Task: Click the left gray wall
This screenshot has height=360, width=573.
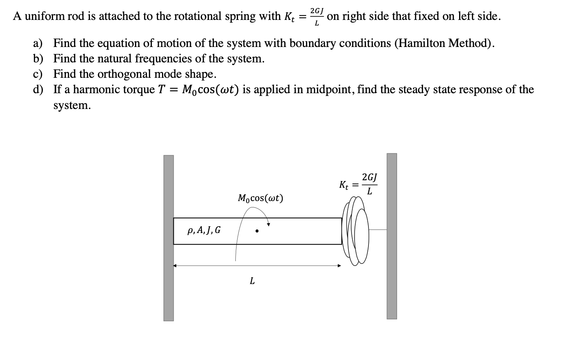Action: pos(168,238)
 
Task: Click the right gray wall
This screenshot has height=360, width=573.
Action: pos(391,236)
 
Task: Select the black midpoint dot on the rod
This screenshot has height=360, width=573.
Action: pos(257,231)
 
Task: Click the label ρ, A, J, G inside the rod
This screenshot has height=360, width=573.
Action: pos(204,230)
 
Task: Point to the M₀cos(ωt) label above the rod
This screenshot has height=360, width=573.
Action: pos(260,198)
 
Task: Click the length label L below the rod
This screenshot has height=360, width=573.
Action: pos(252,281)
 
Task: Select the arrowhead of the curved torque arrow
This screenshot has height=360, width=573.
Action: pos(268,224)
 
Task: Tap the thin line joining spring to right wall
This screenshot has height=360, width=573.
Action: pos(378,230)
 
